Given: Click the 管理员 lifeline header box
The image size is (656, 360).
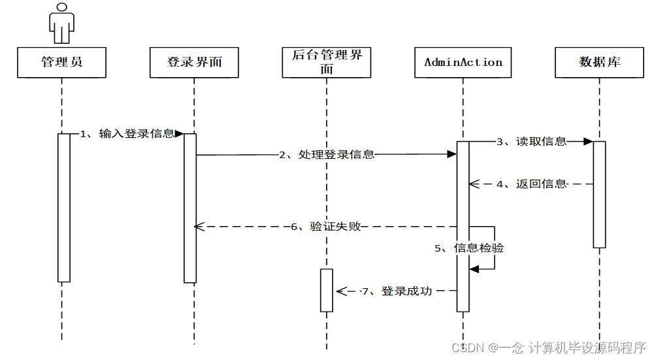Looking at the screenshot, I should tap(63, 63).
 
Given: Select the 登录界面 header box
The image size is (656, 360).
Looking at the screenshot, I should tap(194, 63).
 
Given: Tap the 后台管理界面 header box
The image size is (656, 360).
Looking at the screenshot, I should tap(327, 63).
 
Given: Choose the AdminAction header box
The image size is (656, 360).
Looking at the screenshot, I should tap(463, 63).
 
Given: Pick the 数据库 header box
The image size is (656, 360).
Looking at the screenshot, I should tap(599, 63).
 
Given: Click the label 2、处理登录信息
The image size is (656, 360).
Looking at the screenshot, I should tap(327, 155).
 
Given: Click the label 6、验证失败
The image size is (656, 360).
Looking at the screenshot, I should tap(326, 227).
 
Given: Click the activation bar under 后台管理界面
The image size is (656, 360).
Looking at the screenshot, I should tap(327, 290).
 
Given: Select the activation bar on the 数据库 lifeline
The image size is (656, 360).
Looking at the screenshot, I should tap(599, 195).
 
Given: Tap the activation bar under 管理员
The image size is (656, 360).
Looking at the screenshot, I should tap(63, 208).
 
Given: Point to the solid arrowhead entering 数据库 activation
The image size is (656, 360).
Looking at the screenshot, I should tap(588, 141).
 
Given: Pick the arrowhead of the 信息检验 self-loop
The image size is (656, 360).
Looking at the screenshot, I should tap(474, 269).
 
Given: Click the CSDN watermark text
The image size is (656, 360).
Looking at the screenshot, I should tap(548, 348).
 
